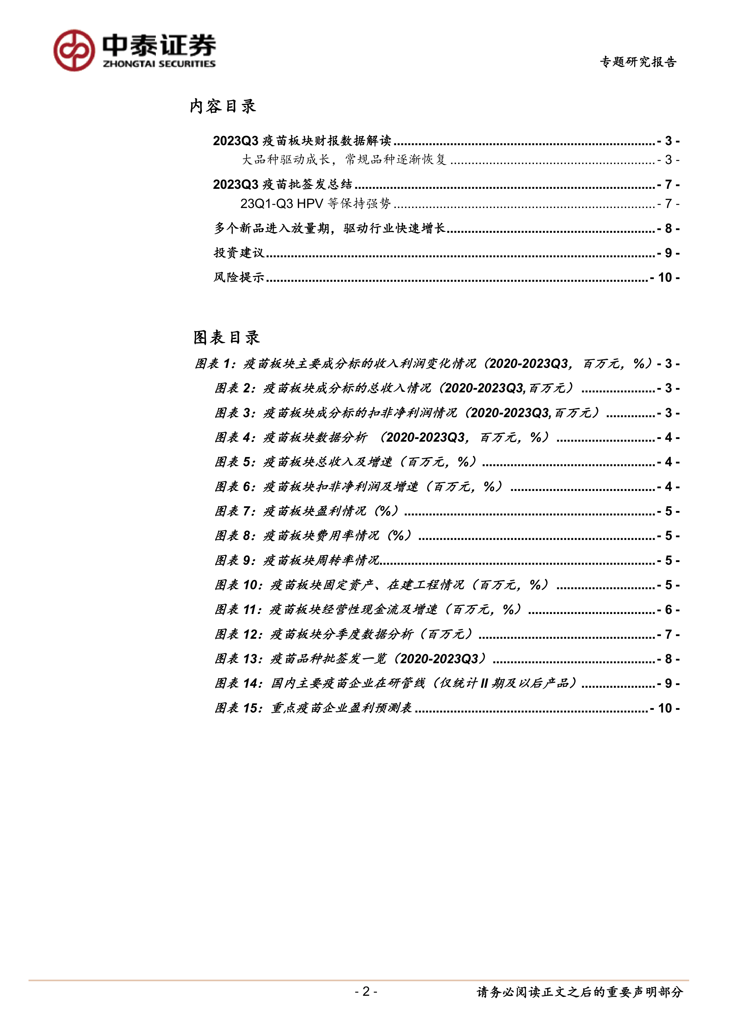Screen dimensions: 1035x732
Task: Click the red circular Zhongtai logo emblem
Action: pos(74,50)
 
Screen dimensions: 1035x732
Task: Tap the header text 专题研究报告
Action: pos(638,62)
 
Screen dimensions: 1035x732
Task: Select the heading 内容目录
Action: pos(223,107)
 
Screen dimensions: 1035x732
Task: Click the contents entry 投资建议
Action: pos(239,253)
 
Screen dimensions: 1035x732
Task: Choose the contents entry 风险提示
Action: pos(239,277)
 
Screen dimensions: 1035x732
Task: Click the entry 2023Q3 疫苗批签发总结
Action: pos(282,184)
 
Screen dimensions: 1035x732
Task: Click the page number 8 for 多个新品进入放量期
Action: pos(669,229)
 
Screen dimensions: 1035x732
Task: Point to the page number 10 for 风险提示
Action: pos(665,277)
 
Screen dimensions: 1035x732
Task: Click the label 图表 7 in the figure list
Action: pos(235,511)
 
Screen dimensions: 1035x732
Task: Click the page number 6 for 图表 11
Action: pos(669,610)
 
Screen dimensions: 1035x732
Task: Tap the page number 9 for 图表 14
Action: pos(669,683)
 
